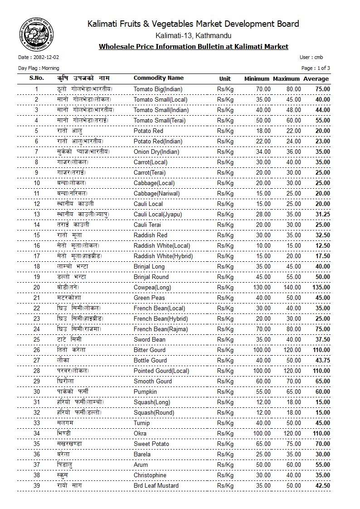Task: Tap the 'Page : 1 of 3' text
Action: point(316,68)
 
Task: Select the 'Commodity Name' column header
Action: point(159,78)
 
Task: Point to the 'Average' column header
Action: point(316,78)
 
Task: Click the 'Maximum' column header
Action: point(287,78)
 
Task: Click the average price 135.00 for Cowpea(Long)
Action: point(320,287)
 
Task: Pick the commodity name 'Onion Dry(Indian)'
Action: point(156,152)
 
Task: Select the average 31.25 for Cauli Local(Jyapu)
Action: point(322,214)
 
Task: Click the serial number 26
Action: point(37,350)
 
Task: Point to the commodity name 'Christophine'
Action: point(150,475)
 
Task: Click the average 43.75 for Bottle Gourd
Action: point(322,360)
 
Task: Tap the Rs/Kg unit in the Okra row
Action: point(225,433)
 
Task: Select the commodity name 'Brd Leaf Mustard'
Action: point(156,485)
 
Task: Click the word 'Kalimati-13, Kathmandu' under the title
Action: point(193,35)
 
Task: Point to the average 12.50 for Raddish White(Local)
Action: point(322,245)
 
